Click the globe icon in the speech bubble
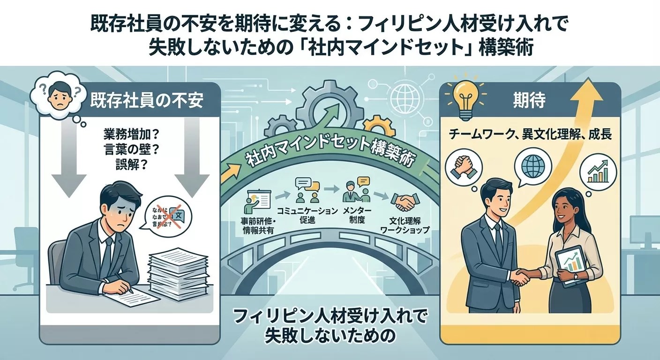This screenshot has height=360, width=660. coord(534,166)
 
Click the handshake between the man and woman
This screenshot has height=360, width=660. coord(521,277)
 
